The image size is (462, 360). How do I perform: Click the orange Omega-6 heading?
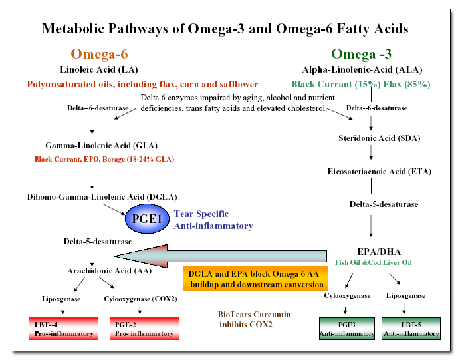[x=99, y=54]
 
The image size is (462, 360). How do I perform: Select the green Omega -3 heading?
[x=362, y=54]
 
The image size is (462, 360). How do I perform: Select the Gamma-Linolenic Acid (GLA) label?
[x=92, y=145]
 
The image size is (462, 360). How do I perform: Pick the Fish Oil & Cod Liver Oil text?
[x=374, y=263]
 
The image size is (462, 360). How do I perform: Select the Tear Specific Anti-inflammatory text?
[x=213, y=220]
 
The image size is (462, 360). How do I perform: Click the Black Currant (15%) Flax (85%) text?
[x=360, y=85]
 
